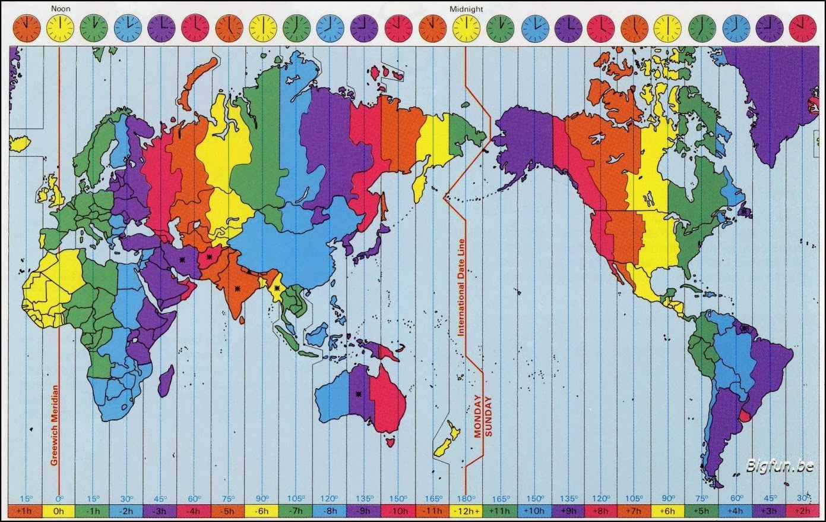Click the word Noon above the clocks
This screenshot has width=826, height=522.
point(61,9)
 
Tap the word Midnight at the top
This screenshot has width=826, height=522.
point(466,9)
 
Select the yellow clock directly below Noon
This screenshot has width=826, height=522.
point(61,28)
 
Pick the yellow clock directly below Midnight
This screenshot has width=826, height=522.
point(466,28)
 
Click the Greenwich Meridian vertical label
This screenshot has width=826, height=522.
point(54,425)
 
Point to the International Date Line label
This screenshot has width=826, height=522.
point(461,287)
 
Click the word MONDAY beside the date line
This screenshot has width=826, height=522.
point(477,416)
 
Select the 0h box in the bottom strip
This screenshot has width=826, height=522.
point(59,510)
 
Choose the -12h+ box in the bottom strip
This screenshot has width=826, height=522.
point(466,510)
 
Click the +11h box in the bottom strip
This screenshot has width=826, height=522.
point(500,510)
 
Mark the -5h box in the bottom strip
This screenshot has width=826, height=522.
point(229,510)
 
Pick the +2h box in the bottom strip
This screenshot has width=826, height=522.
point(804,510)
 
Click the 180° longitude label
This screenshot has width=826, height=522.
point(466,498)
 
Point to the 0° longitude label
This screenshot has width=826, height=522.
point(59,498)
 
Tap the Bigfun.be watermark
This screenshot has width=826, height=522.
point(780,466)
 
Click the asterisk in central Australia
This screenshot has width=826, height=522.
point(358,394)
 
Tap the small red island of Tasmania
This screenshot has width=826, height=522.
point(390,442)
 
